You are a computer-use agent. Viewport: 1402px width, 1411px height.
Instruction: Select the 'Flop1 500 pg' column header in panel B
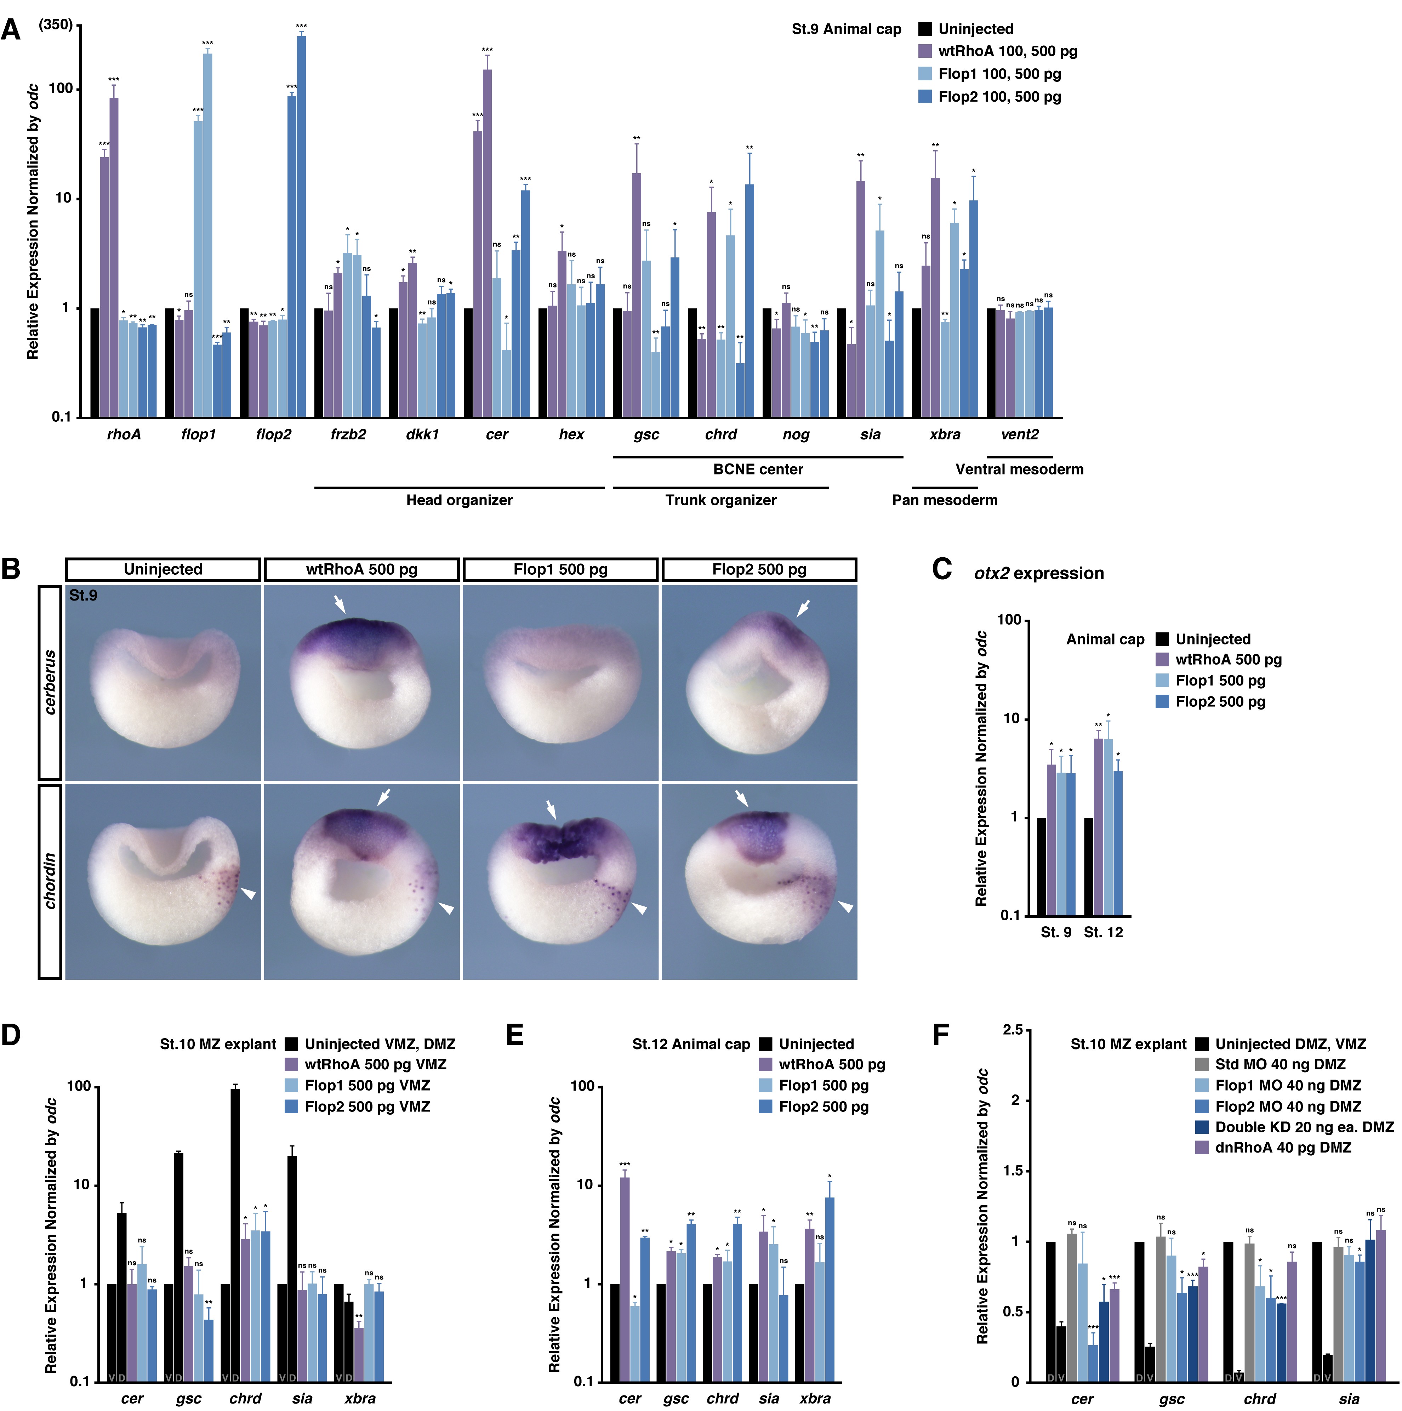tap(560, 570)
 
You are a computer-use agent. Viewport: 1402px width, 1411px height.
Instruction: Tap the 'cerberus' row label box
tap(50, 682)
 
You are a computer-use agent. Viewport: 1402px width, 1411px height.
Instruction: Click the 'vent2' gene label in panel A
tap(1019, 434)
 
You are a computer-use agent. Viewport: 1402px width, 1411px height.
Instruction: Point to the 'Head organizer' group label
tap(459, 500)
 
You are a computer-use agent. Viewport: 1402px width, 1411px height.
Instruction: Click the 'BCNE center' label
tap(758, 470)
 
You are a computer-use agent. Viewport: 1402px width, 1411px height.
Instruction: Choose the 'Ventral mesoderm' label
tap(1019, 470)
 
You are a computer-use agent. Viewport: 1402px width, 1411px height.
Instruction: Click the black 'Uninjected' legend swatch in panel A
tap(925, 29)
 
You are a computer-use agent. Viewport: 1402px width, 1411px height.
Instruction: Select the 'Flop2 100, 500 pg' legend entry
tap(999, 97)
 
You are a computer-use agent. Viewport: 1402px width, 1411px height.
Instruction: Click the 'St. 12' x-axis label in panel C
tap(1103, 933)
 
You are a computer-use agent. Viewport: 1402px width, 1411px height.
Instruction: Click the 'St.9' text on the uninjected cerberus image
tap(83, 596)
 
